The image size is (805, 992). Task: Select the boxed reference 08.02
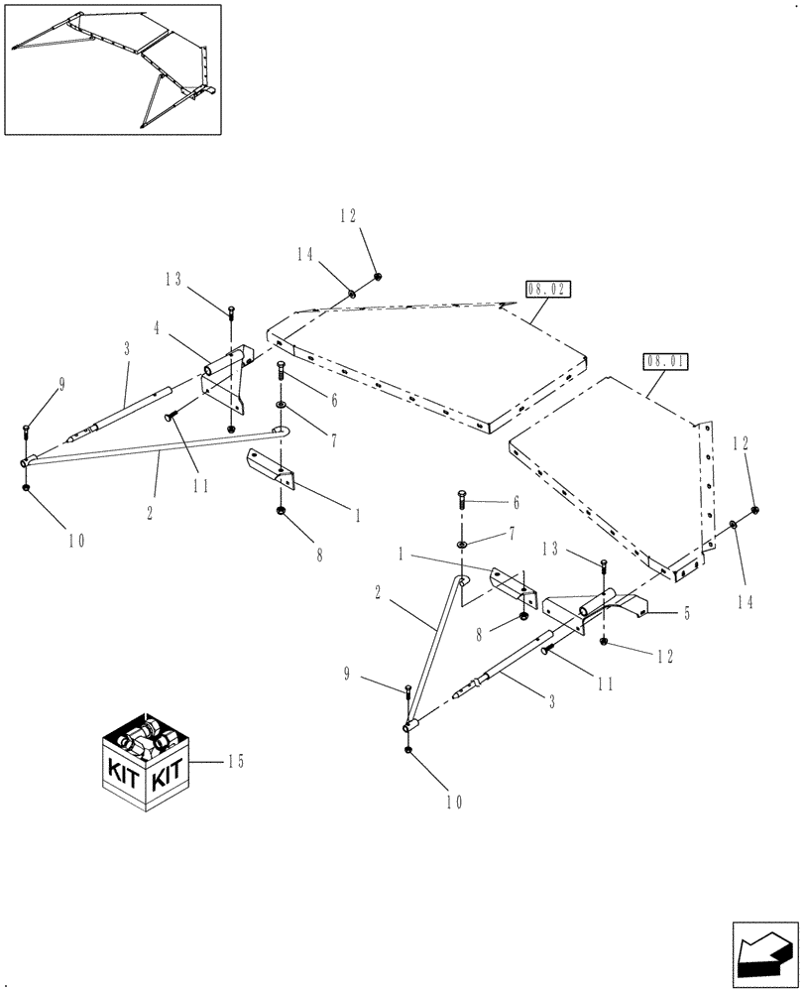click(549, 291)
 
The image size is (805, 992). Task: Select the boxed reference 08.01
click(665, 362)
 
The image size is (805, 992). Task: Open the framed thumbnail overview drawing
click(112, 69)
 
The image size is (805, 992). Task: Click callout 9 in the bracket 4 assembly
click(61, 385)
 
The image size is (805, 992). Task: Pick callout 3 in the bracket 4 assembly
click(127, 349)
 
